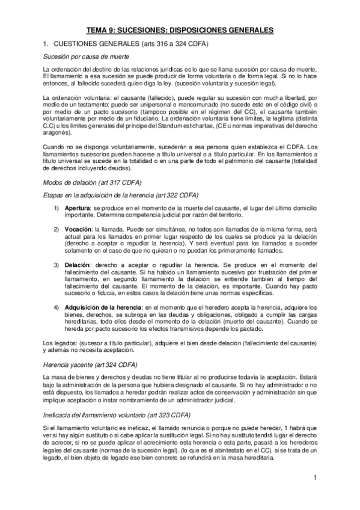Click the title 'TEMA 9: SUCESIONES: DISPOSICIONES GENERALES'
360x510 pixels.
tap(180, 29)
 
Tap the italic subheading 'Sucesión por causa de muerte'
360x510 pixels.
tap(83, 57)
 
